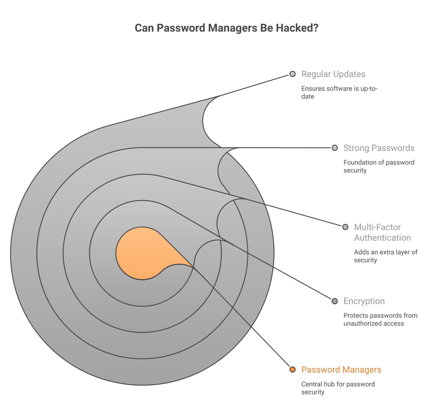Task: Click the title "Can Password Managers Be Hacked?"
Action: (x=226, y=28)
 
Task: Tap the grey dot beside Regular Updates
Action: (x=292, y=74)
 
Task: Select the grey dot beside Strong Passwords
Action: (x=335, y=148)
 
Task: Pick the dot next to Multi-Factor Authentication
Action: (x=345, y=227)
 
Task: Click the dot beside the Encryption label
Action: (x=335, y=301)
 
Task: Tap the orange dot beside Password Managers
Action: (x=292, y=369)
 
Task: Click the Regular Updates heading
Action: (x=333, y=74)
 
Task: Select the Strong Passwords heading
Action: (x=379, y=148)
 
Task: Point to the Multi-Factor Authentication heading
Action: (x=382, y=232)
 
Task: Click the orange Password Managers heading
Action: (x=341, y=370)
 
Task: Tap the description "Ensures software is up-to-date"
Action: (x=339, y=92)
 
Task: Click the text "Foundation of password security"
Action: (x=379, y=166)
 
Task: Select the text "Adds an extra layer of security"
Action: (x=386, y=256)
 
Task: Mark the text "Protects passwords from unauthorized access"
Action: (x=380, y=319)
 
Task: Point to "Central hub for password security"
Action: (x=338, y=388)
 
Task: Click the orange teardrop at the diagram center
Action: (x=146, y=253)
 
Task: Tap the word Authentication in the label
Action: (x=382, y=238)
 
